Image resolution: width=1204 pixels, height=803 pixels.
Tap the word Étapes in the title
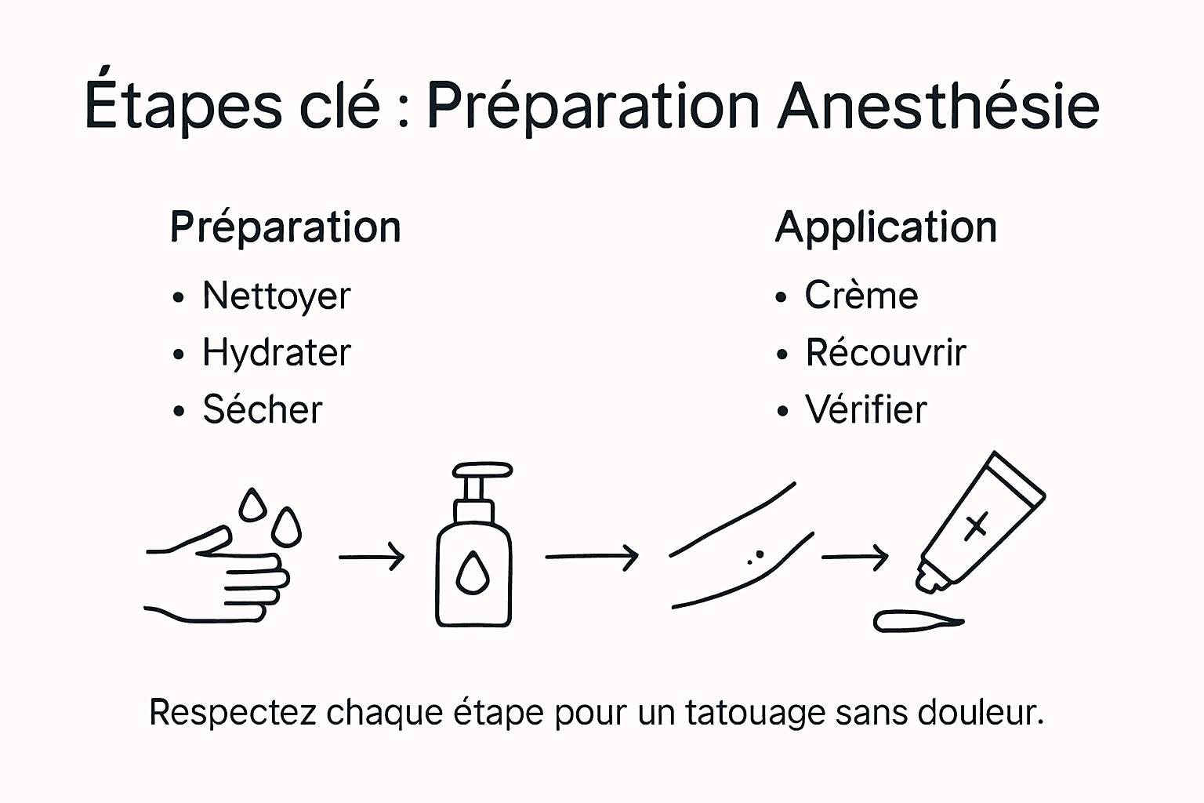182,106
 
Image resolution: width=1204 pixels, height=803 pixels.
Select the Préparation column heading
285,228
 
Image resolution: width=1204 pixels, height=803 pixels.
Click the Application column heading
886,228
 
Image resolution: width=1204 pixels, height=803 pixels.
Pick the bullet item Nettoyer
276,296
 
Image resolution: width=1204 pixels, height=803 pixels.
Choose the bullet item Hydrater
276,353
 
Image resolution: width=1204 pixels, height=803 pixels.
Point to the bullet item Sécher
262,409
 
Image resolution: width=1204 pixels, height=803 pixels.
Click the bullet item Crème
861,296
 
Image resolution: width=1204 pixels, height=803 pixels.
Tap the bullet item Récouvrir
885,353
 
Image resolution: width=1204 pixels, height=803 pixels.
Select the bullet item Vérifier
865,409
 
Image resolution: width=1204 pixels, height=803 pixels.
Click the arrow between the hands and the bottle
372,557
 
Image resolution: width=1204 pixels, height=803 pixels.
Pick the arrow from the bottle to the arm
592,557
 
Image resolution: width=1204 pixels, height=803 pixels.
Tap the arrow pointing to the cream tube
854,557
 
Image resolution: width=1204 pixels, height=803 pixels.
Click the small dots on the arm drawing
756,557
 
